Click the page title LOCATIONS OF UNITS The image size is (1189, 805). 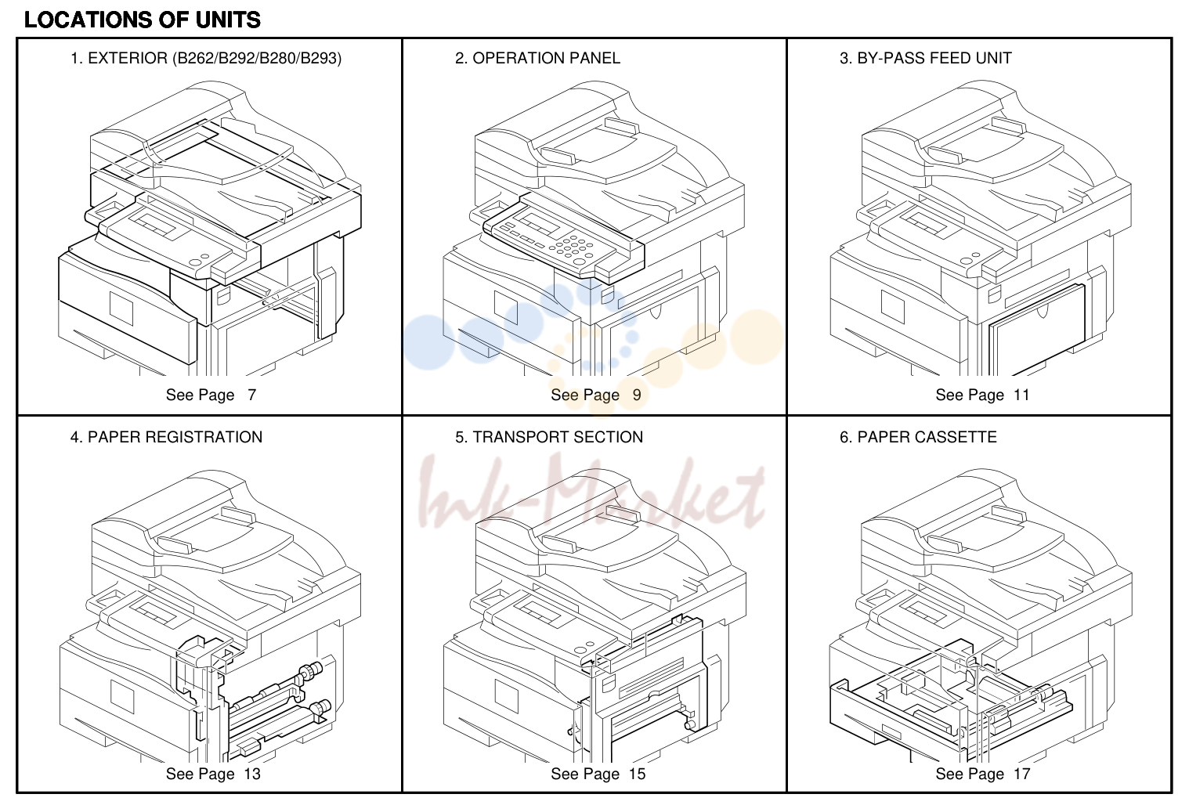tap(143, 20)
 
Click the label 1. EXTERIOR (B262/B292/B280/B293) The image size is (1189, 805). tap(206, 58)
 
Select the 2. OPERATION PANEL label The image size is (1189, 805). tap(537, 58)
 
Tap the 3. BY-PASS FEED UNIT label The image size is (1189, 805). tap(925, 58)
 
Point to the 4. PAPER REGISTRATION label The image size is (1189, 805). tap(166, 437)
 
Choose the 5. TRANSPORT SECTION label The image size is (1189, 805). tap(549, 437)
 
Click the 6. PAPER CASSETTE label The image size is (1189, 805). tap(918, 437)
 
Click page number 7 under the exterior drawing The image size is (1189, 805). tap(252, 395)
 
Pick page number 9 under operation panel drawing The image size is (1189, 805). tap(637, 395)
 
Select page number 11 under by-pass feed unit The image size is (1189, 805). tap(1021, 395)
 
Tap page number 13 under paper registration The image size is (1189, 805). tap(252, 774)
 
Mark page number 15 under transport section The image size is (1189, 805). tap(637, 774)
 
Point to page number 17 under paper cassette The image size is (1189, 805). tap(1022, 774)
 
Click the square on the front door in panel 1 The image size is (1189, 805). tap(121, 309)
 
